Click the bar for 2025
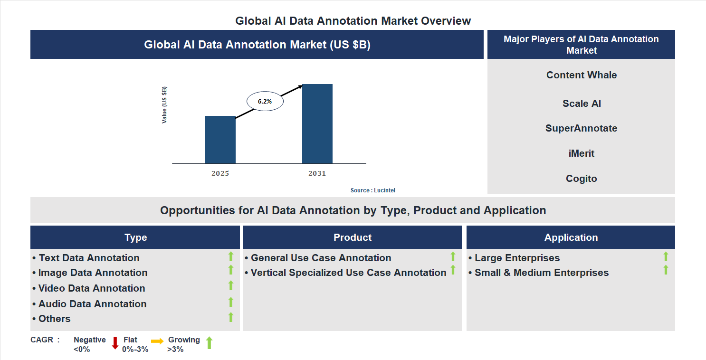[220, 140]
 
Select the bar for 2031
[317, 123]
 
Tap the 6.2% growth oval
[265, 101]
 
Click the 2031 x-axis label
[317, 173]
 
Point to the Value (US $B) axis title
[164, 105]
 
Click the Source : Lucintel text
[372, 190]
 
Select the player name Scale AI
[581, 104]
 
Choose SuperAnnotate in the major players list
[581, 128]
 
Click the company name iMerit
[581, 153]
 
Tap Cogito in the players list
[581, 179]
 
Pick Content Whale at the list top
[581, 75]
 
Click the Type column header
[135, 237]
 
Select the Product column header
[352, 237]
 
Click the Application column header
[571, 237]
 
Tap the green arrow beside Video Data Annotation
[231, 285]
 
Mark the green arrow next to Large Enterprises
[666, 256]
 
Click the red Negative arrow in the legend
[115, 343]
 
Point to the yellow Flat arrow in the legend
[157, 341]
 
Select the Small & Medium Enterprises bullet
[541, 273]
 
